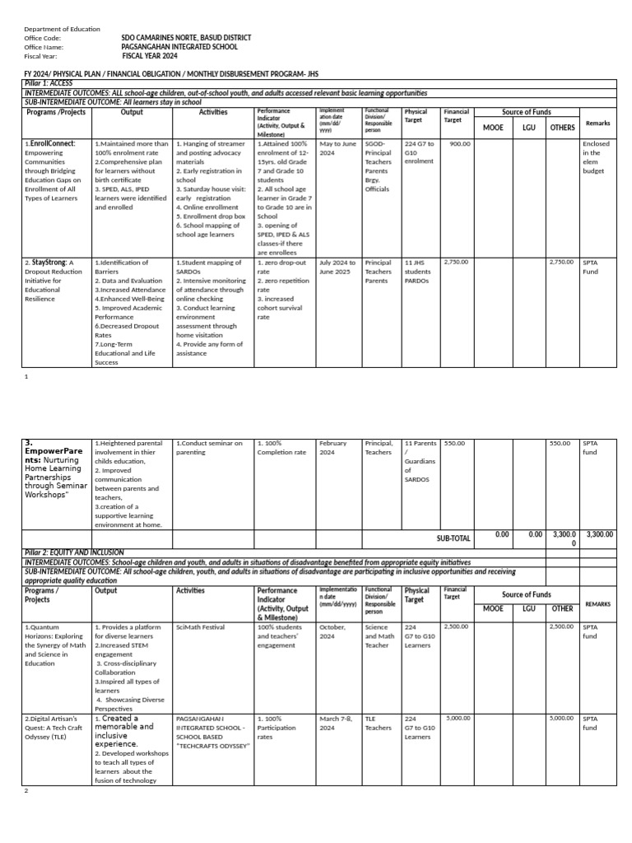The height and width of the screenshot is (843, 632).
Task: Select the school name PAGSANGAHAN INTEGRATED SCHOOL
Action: click(x=174, y=47)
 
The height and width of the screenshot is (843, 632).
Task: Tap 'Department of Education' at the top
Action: click(x=62, y=29)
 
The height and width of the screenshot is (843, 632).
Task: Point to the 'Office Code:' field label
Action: click(x=43, y=38)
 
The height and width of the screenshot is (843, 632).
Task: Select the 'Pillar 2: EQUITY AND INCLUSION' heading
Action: click(x=74, y=552)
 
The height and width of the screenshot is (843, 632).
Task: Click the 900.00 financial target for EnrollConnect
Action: click(x=459, y=143)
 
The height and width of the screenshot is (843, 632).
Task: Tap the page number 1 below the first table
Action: click(x=26, y=375)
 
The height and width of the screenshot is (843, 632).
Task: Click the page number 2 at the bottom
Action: click(x=26, y=791)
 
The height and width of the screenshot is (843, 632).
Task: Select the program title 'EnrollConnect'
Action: click(x=50, y=143)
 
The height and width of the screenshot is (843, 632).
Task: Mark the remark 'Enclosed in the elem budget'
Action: click(x=597, y=156)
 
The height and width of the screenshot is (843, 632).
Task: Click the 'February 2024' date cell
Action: click(x=333, y=447)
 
